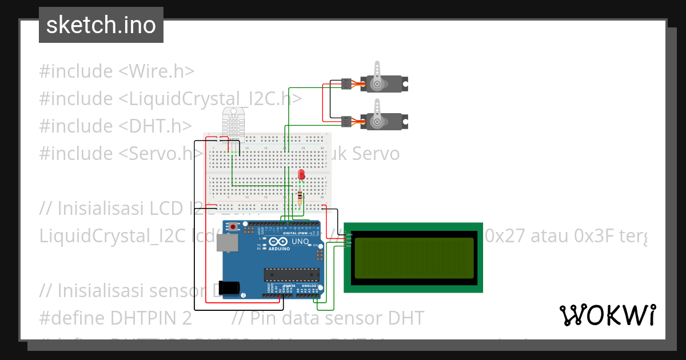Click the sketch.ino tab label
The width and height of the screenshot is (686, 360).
101,25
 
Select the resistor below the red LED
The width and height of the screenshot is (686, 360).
301,197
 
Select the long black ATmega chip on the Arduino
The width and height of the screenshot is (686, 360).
290,274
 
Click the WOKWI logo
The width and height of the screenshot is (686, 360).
607,315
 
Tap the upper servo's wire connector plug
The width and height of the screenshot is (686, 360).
346,84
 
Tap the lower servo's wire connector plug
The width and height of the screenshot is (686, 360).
346,121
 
